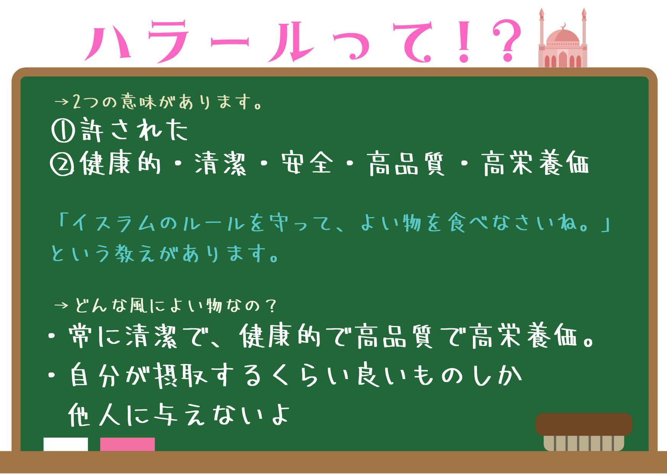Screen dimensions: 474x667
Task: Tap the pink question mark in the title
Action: pyautogui.click(x=507, y=41)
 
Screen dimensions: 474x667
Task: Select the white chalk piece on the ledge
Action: pyautogui.click(x=66, y=444)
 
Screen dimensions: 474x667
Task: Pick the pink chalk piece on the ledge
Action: pyautogui.click(x=128, y=444)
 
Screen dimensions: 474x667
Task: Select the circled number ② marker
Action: pyautogui.click(x=62, y=164)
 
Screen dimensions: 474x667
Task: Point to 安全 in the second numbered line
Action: pyautogui.click(x=307, y=164)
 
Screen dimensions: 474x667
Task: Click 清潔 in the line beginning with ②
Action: pyautogui.click(x=221, y=164)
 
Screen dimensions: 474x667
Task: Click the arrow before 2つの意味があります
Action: pyautogui.click(x=61, y=102)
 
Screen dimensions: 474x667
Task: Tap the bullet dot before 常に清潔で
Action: pyautogui.click(x=52, y=336)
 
